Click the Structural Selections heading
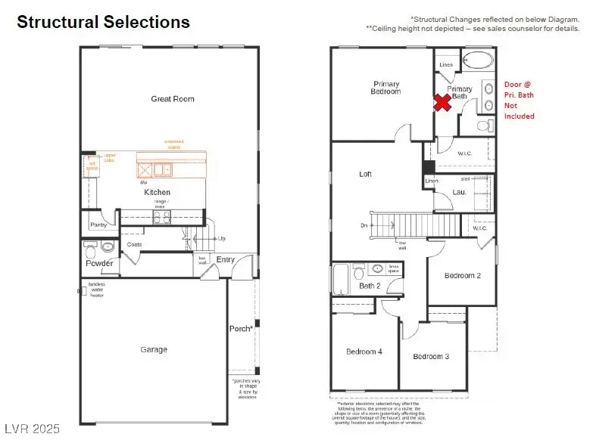[x=103, y=22]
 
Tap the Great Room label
[x=172, y=99]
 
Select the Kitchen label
[x=158, y=192]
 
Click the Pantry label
[x=98, y=225]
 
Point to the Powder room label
[x=99, y=263]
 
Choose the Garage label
[x=154, y=349]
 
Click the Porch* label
[x=241, y=329]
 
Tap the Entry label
[x=226, y=260]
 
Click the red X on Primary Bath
[x=443, y=103]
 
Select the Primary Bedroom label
[x=386, y=88]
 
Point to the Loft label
[x=365, y=174]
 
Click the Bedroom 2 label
[x=463, y=276]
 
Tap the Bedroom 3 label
[x=432, y=356]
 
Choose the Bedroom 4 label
[x=364, y=352]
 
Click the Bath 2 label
[x=370, y=286]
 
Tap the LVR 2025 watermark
[x=30, y=429]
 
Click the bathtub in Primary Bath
[x=476, y=60]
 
